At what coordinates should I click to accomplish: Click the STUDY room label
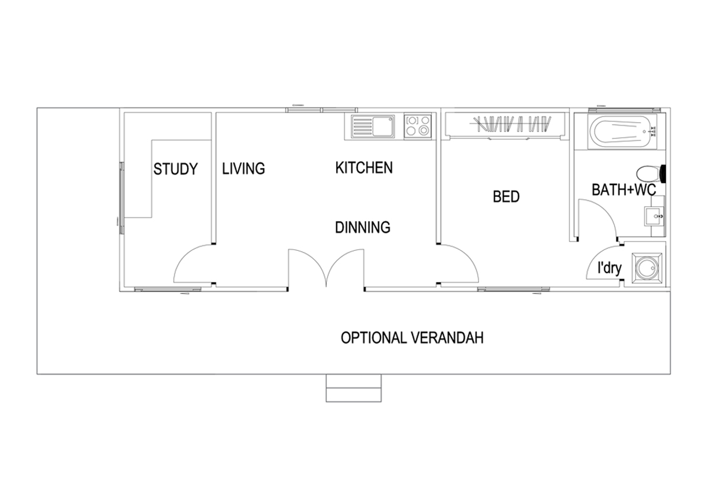coord(176,169)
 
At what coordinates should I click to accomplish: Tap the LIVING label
coord(243,169)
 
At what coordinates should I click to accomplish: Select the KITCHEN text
coord(364,167)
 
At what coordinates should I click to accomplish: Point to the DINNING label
coord(363,227)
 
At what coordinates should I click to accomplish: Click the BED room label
coord(506,197)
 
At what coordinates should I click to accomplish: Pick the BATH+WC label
coord(624,190)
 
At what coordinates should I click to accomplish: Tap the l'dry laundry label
coord(609,268)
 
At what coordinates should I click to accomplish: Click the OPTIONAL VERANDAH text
coord(412,338)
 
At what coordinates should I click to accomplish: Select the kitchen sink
coord(373,127)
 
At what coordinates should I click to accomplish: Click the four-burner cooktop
coord(418,127)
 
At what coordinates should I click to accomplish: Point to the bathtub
coord(622,131)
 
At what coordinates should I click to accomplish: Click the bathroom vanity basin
coord(654,216)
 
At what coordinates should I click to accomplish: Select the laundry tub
coord(647,268)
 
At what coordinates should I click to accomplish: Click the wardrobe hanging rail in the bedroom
coord(505,137)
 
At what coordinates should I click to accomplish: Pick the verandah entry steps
coord(354,388)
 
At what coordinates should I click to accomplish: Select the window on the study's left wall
coord(122,198)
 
